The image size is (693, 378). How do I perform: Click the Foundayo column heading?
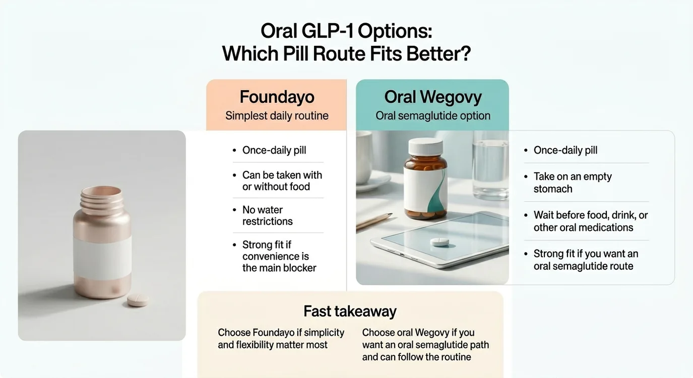pyautogui.click(x=277, y=96)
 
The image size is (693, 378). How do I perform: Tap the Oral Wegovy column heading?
pyautogui.click(x=432, y=96)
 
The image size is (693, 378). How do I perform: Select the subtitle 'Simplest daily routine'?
pyautogui.click(x=277, y=115)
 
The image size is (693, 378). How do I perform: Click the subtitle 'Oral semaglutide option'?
pyautogui.click(x=432, y=115)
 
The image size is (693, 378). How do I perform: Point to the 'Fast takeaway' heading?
pyautogui.click(x=350, y=311)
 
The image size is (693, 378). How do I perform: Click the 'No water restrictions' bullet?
pyautogui.click(x=267, y=215)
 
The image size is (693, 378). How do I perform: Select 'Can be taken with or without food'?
pyautogui.click(x=281, y=180)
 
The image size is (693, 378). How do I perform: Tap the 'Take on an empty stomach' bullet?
pyautogui.click(x=572, y=182)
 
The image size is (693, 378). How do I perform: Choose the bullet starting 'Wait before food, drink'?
pyautogui.click(x=590, y=221)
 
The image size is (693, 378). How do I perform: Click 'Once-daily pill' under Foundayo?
pyautogui.click(x=274, y=150)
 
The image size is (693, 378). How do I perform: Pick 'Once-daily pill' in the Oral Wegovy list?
pyautogui.click(x=565, y=150)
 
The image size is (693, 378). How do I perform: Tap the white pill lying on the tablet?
pyautogui.click(x=440, y=241)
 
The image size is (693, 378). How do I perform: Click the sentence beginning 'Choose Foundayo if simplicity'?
pyautogui.click(x=281, y=339)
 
